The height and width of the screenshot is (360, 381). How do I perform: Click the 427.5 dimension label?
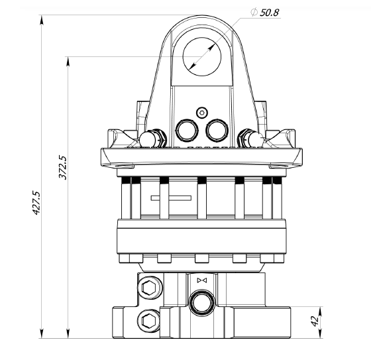point(36,203)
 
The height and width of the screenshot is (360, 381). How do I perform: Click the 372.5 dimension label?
point(63,167)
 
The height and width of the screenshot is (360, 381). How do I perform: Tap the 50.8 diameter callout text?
point(270,13)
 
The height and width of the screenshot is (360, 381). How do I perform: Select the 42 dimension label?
point(315,322)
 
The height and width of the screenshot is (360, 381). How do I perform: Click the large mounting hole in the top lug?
point(202,56)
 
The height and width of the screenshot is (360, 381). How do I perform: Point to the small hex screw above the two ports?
point(202,113)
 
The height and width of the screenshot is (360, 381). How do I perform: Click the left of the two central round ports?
point(187,130)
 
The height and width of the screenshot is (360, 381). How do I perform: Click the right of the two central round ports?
point(217,130)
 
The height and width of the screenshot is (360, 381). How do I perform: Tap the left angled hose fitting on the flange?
point(153,139)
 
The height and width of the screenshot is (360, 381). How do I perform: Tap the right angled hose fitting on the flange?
point(250,139)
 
